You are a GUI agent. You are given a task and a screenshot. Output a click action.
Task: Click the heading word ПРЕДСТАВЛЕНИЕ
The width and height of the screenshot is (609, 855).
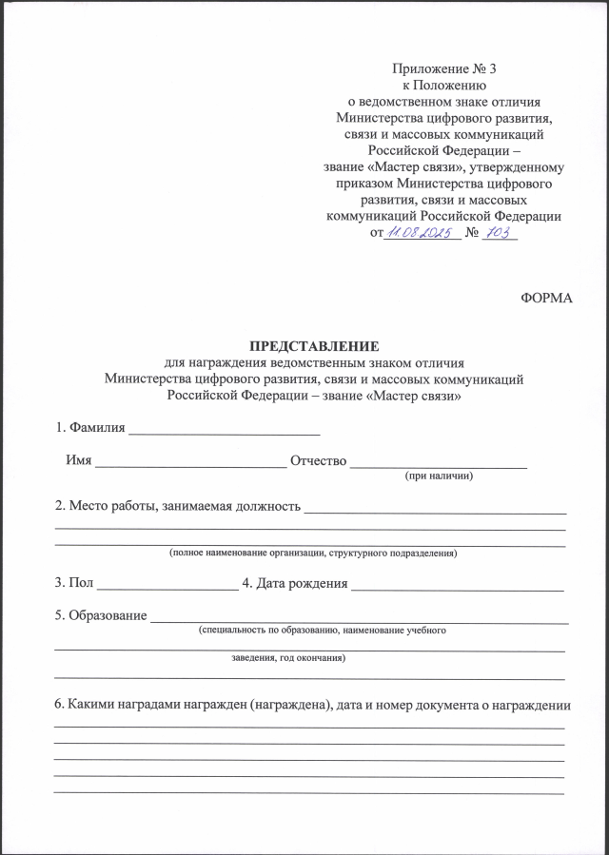click(314, 346)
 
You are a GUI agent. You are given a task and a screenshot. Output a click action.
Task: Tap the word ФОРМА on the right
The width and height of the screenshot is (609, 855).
click(547, 298)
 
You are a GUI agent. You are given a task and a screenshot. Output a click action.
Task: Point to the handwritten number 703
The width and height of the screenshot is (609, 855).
click(499, 233)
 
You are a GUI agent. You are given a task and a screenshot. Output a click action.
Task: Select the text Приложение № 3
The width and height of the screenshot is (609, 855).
click(444, 68)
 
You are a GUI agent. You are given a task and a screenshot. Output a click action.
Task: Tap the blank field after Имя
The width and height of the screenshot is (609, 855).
click(190, 462)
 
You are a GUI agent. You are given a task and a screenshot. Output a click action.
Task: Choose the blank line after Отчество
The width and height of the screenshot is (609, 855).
click(439, 462)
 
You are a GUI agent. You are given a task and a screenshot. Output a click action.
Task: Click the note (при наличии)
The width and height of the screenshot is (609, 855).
click(439, 475)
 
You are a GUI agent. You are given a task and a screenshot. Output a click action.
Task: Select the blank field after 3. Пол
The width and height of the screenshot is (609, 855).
click(167, 584)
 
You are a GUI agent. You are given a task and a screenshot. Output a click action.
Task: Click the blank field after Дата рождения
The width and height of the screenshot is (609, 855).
click(458, 584)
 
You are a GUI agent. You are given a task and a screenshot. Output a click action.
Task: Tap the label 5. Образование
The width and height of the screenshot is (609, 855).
click(100, 615)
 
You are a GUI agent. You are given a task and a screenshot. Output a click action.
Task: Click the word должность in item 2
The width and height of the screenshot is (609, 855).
click(266, 506)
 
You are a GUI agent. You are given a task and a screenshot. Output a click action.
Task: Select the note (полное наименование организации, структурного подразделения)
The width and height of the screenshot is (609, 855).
click(313, 553)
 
